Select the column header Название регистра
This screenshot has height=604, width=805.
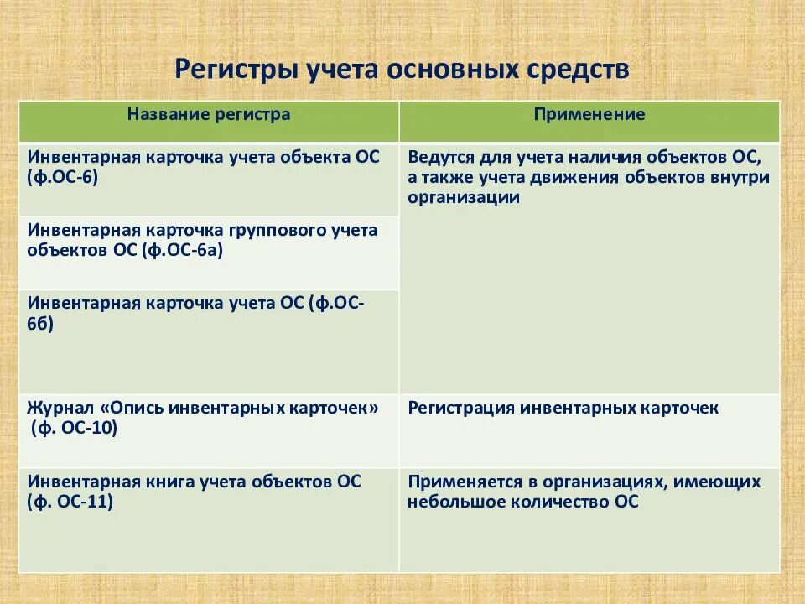point(209,114)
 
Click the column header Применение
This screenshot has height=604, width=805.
point(589,114)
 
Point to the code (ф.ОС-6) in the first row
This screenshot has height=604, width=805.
point(63,178)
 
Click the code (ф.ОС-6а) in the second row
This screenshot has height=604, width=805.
point(182,250)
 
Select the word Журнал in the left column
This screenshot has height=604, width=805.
point(60,408)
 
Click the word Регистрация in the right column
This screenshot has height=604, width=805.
point(461,408)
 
